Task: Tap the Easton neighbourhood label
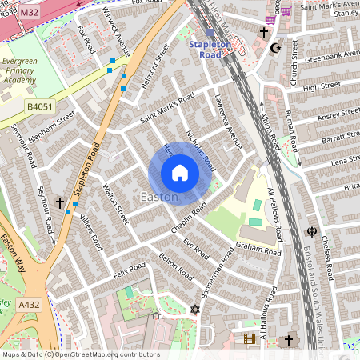tap(158, 197)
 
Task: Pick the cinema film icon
tap(249, 339)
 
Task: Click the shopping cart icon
tap(285, 10)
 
